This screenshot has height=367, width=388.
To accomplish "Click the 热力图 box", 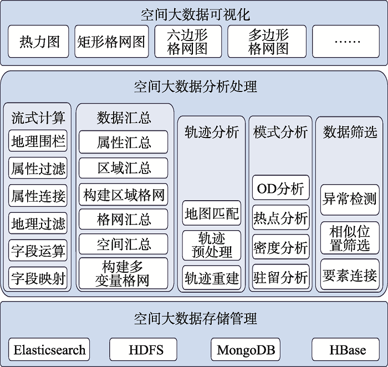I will tap(39, 42).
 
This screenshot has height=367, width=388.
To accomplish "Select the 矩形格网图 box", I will tap(112, 42).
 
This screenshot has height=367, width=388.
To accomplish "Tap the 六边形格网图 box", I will tap(187, 42).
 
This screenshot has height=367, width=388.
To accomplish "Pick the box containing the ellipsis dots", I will tap(349, 42).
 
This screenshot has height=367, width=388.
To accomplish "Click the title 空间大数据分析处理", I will tap(195, 86).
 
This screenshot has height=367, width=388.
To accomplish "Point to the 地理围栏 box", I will tap(38, 141).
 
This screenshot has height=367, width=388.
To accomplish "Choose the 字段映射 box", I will tap(38, 278).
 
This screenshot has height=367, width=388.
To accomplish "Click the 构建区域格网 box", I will tap(124, 195).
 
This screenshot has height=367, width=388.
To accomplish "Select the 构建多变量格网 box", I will tap(124, 273).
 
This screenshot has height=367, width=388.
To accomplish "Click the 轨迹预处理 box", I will tap(212, 245).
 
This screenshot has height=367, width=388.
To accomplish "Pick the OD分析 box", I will tap(280, 188).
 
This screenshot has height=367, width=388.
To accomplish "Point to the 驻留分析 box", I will tap(280, 276).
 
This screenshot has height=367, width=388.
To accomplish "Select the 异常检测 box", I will tap(350, 199).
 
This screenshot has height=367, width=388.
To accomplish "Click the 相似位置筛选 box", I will tap(350, 238).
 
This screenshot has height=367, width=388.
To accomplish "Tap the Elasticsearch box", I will tap(50, 349).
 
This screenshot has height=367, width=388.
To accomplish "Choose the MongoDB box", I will tap(246, 349).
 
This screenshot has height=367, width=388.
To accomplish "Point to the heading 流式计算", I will tap(38, 118).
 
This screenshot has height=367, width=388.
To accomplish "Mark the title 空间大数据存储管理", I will tap(195, 319).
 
